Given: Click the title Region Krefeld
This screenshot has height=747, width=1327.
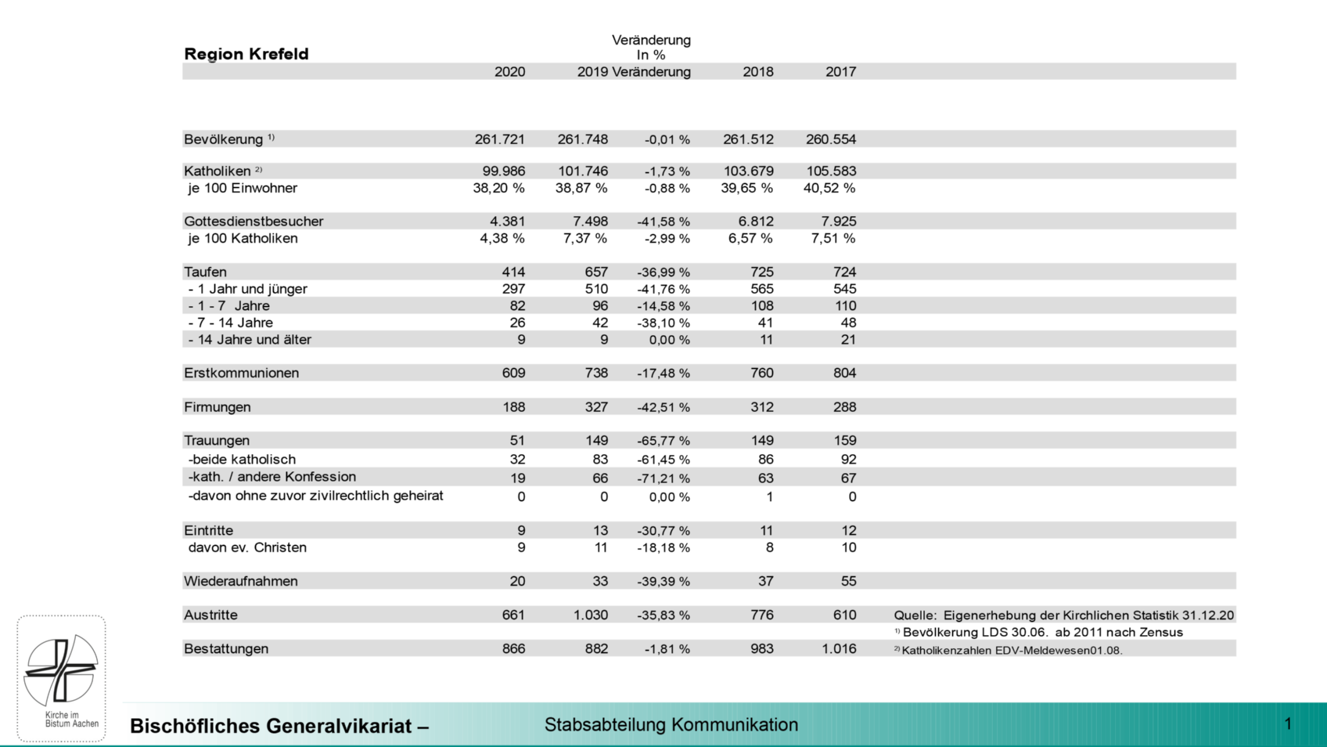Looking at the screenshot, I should (x=246, y=54).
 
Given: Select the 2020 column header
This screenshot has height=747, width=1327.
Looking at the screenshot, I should (x=509, y=72).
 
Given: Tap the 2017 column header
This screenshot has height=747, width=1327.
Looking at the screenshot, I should (x=840, y=72).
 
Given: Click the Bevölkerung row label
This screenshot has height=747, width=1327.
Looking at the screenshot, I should (x=224, y=139).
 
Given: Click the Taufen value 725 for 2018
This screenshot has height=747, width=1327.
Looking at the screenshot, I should (x=761, y=272).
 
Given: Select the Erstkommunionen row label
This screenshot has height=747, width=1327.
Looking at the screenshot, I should (x=241, y=373).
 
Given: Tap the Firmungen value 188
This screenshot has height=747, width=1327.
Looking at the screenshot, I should (x=513, y=407).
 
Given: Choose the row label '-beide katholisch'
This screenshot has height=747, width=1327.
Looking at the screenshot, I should (x=242, y=460).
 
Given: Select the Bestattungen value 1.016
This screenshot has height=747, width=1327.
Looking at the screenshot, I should (x=839, y=649).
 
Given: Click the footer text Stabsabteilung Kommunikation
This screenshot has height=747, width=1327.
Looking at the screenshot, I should (x=671, y=725).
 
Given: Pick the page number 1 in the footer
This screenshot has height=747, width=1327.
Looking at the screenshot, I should (x=1288, y=724).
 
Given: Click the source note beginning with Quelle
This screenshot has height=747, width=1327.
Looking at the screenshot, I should (x=1063, y=615).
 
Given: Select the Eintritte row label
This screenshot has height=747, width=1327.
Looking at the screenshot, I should (x=208, y=531).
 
